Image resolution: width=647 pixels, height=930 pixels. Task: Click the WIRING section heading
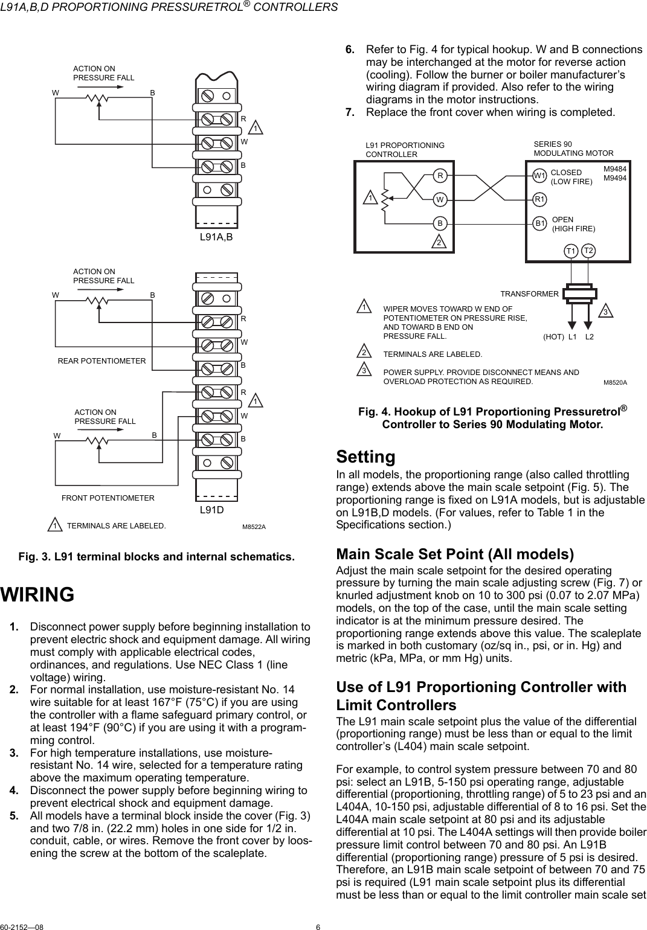(37, 594)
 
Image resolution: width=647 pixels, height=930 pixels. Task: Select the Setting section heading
(365, 456)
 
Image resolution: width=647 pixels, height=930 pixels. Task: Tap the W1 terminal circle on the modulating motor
(540, 176)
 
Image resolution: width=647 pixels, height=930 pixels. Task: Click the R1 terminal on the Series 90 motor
(540, 199)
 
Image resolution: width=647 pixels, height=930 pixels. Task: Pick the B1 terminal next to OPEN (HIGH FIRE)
(540, 223)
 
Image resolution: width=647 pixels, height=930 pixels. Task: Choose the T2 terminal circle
(589, 250)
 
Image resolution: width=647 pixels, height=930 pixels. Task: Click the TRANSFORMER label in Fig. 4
(529, 293)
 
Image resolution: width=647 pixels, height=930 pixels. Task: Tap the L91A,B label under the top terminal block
(216, 237)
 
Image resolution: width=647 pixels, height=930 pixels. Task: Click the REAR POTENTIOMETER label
(101, 361)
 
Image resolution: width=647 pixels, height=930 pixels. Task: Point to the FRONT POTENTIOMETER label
(108, 498)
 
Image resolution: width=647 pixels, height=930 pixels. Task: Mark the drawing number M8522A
(254, 527)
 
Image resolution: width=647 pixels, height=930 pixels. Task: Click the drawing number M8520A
(615, 382)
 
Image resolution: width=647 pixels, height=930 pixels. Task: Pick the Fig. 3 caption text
(158, 556)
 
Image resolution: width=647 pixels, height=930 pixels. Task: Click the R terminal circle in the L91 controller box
(441, 176)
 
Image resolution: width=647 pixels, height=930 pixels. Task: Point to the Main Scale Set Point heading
(454, 554)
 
